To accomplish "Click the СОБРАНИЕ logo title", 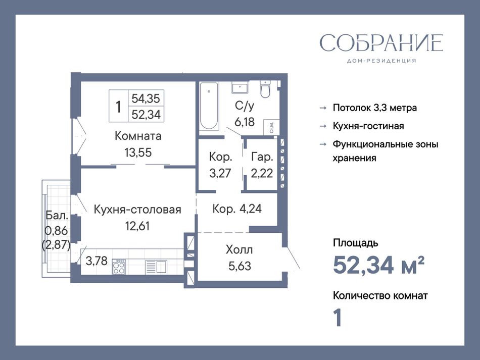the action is click(381, 42).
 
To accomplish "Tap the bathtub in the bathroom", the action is click(209, 106).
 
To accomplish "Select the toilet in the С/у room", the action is click(265, 89).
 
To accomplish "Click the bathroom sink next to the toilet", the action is click(239, 87).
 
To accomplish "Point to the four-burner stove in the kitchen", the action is click(119, 267).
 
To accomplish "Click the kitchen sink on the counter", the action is click(156, 266).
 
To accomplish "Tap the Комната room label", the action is click(138, 136).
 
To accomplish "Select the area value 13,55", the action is click(138, 152).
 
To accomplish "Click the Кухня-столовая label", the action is click(137, 210).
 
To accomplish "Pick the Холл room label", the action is click(239, 250).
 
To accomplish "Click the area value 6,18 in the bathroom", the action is click(245, 122).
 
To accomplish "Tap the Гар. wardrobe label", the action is click(262, 157).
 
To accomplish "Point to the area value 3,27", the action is click(220, 173).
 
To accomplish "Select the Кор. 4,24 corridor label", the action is click(237, 209).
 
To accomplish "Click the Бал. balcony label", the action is click(57, 215).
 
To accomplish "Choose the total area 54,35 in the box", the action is click(146, 98).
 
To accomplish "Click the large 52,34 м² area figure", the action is click(379, 265).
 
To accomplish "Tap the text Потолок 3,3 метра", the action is click(375, 108).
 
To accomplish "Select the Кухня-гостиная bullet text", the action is click(368, 126).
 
